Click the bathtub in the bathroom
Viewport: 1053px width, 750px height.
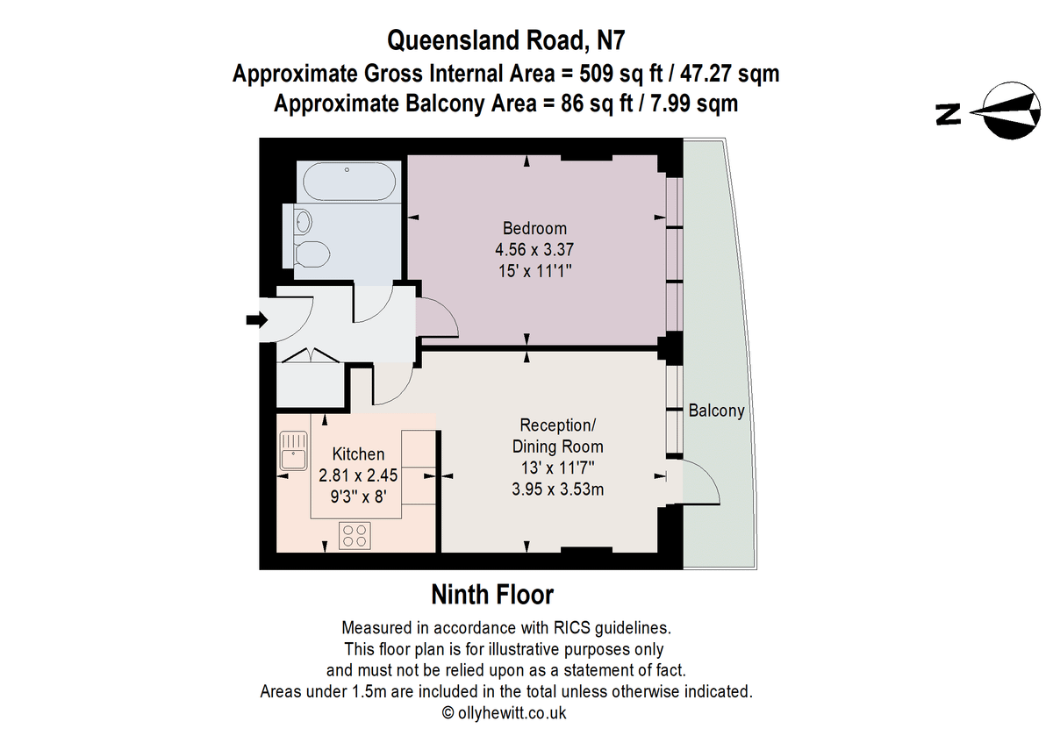pyautogui.click(x=349, y=182)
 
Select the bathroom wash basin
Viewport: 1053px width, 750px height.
pyautogui.click(x=303, y=221)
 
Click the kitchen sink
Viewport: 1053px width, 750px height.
pyautogui.click(x=293, y=451)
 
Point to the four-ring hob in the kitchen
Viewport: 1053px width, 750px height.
pyautogui.click(x=355, y=536)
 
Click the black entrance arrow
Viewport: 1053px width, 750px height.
pyautogui.click(x=257, y=320)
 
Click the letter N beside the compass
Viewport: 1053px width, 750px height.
pyautogui.click(x=948, y=115)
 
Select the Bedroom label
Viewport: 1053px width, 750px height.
pyautogui.click(x=534, y=228)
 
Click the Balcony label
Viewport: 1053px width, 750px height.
pyautogui.click(x=716, y=411)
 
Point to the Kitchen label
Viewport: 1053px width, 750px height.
pyautogui.click(x=358, y=454)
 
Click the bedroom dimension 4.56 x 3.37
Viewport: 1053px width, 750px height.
pyautogui.click(x=534, y=249)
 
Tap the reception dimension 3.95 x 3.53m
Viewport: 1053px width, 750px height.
pyautogui.click(x=557, y=489)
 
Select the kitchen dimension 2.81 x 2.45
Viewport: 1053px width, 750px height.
pyautogui.click(x=358, y=475)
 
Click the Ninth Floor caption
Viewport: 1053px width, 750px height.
pyautogui.click(x=492, y=595)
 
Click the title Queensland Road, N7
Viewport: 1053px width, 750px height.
pyautogui.click(x=505, y=40)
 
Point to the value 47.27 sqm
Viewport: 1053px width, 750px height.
pyautogui.click(x=729, y=74)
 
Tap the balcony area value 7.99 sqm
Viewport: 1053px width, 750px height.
pyautogui.click(x=694, y=103)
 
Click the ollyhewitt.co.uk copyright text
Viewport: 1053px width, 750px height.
pyautogui.click(x=504, y=713)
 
